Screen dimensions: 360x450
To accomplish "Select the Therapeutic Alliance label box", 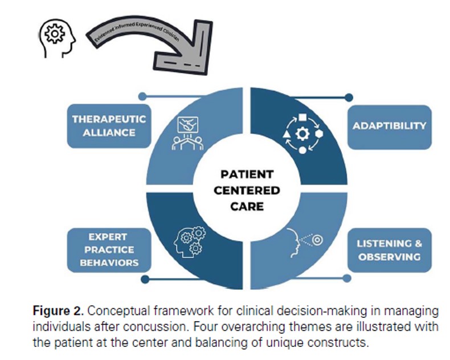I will pos(108,126).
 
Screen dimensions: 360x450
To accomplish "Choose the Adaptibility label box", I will pos(389,126).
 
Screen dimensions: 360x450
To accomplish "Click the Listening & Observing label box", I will pos(389,250).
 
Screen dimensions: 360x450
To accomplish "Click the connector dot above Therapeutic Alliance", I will pos(142,97).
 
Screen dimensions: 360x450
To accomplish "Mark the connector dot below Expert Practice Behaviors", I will pos(145,279).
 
